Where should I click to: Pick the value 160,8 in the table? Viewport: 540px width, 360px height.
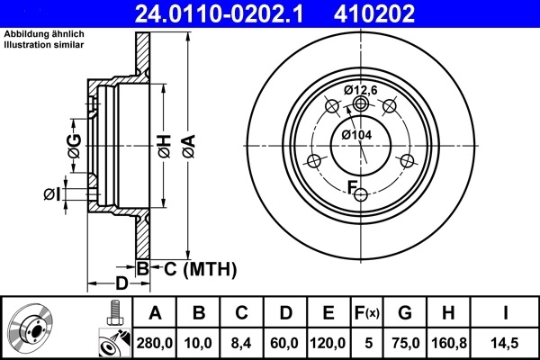click(447, 341)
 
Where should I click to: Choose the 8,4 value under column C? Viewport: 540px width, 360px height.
click(242, 341)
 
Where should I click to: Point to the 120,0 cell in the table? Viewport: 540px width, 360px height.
click(328, 341)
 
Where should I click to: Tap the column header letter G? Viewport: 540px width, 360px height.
click(404, 313)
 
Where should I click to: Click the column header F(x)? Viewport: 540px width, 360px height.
click(367, 313)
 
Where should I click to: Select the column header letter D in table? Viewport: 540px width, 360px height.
click(285, 313)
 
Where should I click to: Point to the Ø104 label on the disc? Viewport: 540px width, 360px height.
click(357, 135)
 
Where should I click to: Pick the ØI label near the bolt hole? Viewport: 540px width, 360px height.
click(51, 193)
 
